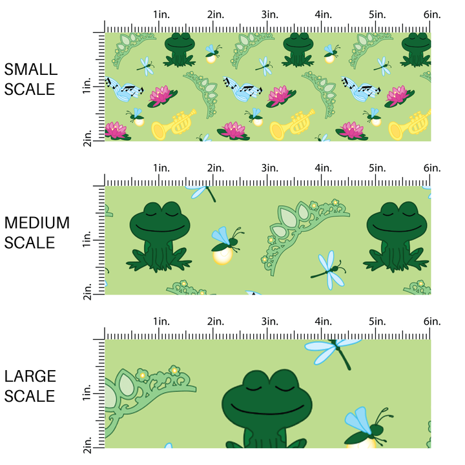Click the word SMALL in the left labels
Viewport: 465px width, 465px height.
(30, 70)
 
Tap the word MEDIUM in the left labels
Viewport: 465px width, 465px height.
(37, 223)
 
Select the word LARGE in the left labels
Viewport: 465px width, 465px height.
(30, 376)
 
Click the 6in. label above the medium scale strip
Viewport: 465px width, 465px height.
(432, 168)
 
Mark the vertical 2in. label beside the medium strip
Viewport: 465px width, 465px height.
(88, 286)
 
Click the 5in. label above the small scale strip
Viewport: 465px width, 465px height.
(378, 14)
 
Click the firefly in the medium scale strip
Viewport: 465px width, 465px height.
(226, 246)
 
